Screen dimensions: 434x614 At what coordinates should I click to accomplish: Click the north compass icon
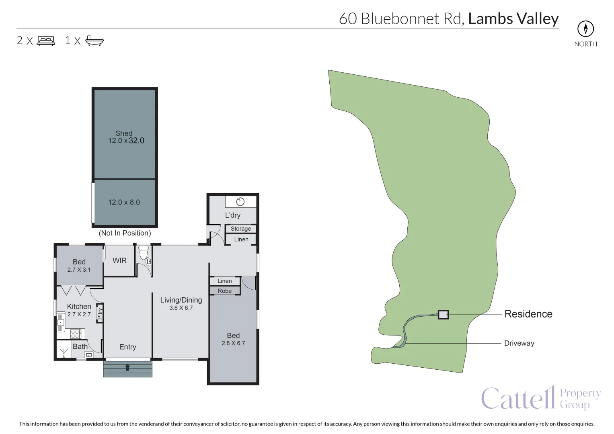coord(585,29)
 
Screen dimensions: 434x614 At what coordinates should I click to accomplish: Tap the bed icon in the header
coord(46,41)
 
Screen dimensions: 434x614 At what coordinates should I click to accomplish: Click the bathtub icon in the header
coord(94,41)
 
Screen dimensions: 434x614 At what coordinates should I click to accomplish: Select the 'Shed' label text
coord(124,133)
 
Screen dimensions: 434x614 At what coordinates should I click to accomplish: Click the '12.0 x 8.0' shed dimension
coord(124,203)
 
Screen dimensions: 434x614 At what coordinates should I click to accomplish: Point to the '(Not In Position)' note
coord(125,233)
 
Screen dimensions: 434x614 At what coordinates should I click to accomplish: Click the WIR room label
coord(119,260)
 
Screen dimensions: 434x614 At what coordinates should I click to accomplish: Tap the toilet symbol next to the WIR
coord(144,253)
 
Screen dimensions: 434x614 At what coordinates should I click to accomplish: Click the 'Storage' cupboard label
coord(240,229)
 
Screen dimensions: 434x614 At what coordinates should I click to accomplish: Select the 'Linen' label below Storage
coord(241,239)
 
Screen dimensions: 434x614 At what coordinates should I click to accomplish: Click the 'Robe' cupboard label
coord(225,291)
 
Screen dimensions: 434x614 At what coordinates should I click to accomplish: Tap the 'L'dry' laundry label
coord(233,215)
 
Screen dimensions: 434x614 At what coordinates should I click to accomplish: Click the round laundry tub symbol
coord(240,202)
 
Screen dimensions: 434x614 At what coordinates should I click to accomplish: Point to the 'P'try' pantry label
coord(100,313)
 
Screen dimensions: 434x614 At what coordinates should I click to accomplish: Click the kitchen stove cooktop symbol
coord(76,334)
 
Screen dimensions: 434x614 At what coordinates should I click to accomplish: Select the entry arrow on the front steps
coord(127,367)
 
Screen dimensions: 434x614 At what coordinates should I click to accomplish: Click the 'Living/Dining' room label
coord(181,300)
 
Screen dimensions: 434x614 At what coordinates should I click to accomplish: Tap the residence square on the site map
coord(443,315)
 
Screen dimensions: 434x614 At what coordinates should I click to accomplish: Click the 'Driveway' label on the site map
coord(519,343)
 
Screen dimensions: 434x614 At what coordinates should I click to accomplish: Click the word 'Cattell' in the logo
coord(518,399)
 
